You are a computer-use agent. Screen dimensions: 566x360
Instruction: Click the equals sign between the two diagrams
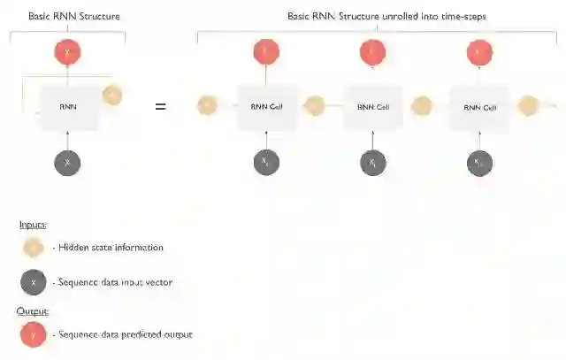tap(160, 107)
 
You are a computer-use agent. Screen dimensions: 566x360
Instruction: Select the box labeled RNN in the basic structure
tap(68, 107)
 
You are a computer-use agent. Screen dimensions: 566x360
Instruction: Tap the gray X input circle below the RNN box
tap(68, 163)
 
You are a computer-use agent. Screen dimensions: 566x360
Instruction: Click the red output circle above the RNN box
tap(68, 53)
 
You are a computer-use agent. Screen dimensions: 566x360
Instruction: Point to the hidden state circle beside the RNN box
tap(112, 95)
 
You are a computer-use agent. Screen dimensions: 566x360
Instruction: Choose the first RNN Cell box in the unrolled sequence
tap(265, 107)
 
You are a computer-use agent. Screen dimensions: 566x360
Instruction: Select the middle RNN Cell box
tap(373, 107)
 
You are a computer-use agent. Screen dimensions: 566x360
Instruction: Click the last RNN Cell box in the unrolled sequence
tap(479, 107)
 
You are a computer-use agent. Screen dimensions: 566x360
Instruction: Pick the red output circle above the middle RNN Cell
tap(373, 53)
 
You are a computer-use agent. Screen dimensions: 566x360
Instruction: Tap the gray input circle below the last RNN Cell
tap(479, 163)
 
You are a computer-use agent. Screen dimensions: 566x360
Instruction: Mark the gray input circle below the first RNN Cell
tap(265, 163)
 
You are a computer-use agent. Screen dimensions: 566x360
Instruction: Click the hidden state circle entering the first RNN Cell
tap(207, 107)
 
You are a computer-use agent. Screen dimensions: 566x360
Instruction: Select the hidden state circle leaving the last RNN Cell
tap(528, 107)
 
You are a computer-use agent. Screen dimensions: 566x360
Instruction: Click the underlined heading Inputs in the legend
tap(33, 225)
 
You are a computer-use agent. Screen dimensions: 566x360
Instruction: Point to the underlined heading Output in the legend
tap(33, 311)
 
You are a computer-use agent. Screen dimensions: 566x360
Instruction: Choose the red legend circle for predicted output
tap(34, 334)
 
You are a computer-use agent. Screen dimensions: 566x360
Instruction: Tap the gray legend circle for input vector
tap(34, 282)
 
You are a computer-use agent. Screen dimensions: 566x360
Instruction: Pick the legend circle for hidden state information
tap(34, 248)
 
